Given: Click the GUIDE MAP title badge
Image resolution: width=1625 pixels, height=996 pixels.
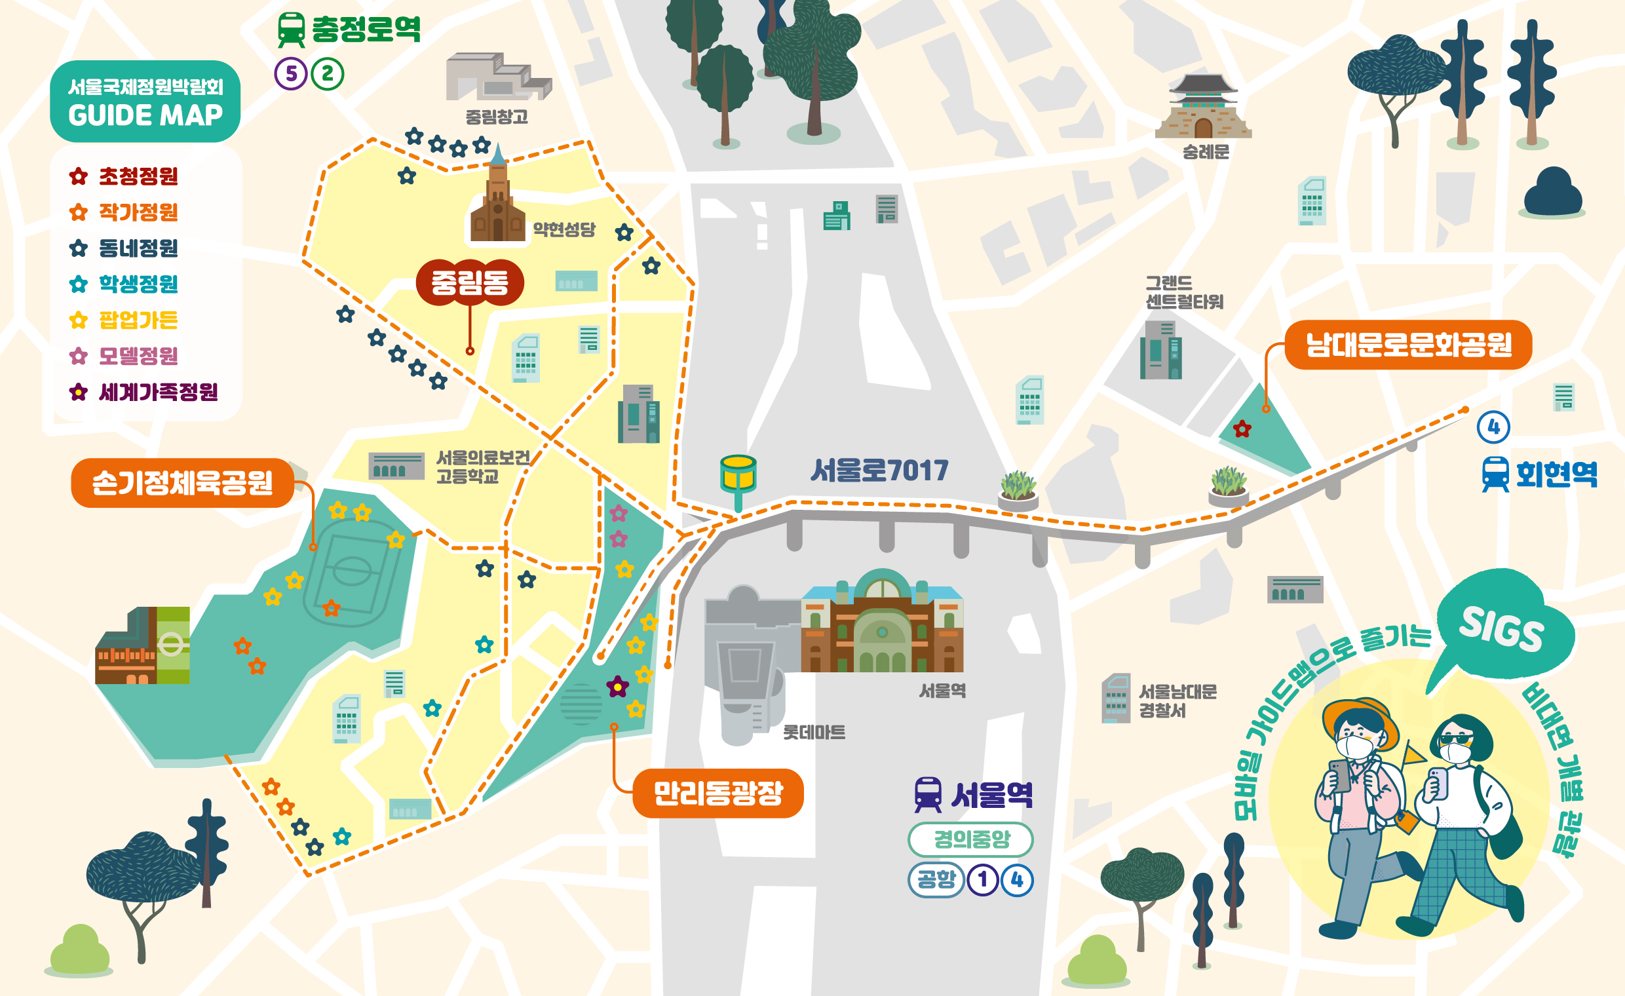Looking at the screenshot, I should (145, 102).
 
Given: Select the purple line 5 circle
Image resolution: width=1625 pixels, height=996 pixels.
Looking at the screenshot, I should (291, 73).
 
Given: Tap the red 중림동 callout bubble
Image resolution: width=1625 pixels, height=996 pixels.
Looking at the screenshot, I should (470, 283).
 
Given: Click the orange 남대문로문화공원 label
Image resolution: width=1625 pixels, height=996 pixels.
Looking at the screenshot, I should (1408, 344).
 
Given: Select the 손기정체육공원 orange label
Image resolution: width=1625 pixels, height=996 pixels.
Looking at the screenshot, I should (182, 483).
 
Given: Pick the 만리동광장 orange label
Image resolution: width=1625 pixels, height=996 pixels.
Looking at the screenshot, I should (717, 793).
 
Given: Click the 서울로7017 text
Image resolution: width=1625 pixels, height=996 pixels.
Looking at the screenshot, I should (879, 470).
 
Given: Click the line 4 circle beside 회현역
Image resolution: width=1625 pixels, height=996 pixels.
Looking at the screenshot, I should (1494, 427).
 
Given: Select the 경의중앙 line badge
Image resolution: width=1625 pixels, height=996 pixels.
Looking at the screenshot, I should (971, 839).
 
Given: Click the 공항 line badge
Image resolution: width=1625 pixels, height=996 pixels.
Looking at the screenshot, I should (936, 879).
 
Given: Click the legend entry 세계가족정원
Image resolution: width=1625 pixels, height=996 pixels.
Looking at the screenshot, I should (157, 392).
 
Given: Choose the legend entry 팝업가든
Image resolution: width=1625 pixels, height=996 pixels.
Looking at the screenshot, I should (137, 320).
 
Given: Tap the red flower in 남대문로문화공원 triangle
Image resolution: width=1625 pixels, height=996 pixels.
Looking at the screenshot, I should (1242, 429).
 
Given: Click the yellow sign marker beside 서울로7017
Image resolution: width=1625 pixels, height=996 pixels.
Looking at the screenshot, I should (738, 474).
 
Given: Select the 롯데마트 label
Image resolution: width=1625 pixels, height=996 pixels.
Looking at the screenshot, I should (813, 732).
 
